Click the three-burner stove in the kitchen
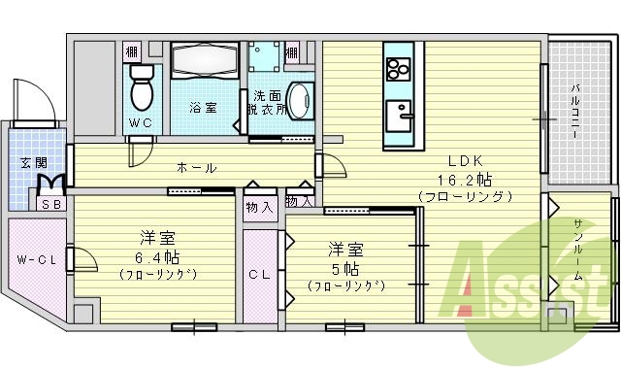(x=398, y=69)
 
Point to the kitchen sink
(x=398, y=117)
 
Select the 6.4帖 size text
(x=157, y=257)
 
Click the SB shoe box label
(x=49, y=205)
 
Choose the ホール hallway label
(x=196, y=167)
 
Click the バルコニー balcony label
(x=575, y=109)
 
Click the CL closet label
(x=258, y=275)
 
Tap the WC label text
(x=141, y=123)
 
